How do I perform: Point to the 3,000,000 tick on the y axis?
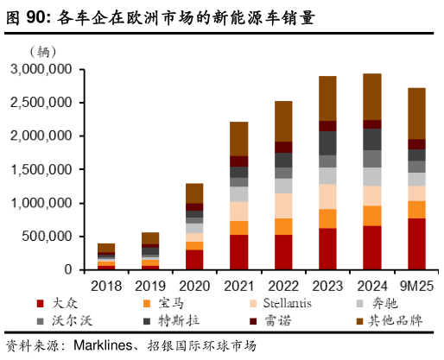(40, 68)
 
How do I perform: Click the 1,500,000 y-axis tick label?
(40, 169)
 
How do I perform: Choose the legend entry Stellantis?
(282, 303)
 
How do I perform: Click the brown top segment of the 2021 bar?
(238, 138)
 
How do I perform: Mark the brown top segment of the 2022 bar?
(283, 121)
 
